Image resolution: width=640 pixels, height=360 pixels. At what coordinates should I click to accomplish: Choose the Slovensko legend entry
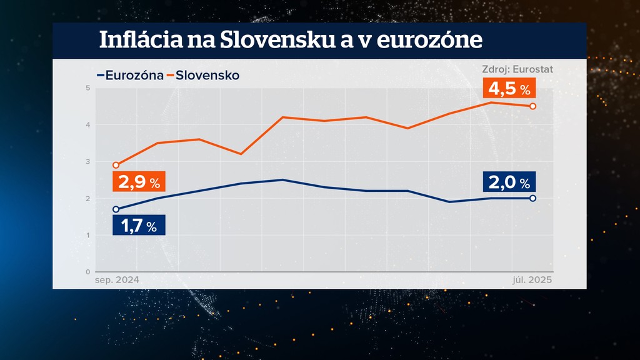207,76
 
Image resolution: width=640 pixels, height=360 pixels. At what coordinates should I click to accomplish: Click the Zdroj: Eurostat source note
517,69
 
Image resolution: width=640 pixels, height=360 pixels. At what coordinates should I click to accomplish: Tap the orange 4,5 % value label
509,89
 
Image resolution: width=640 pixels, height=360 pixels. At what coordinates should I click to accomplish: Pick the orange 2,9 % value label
139,182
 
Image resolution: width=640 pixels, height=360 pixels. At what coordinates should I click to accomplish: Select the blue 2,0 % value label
509,182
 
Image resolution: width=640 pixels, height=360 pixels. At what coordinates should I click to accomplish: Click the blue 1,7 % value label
139,226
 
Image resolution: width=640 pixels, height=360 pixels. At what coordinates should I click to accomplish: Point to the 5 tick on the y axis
88,88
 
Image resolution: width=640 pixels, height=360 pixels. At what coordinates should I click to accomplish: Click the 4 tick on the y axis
88,125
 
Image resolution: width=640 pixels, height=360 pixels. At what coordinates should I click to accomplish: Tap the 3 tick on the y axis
88,162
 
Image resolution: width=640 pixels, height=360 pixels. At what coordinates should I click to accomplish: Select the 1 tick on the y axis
88,236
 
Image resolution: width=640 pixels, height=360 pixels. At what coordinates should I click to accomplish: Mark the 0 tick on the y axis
88,272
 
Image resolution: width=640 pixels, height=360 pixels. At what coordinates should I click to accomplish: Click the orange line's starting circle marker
116,166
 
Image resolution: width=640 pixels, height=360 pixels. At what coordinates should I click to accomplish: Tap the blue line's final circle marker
532,198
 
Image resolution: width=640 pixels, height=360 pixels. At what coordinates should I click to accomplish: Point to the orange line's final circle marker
532,106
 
